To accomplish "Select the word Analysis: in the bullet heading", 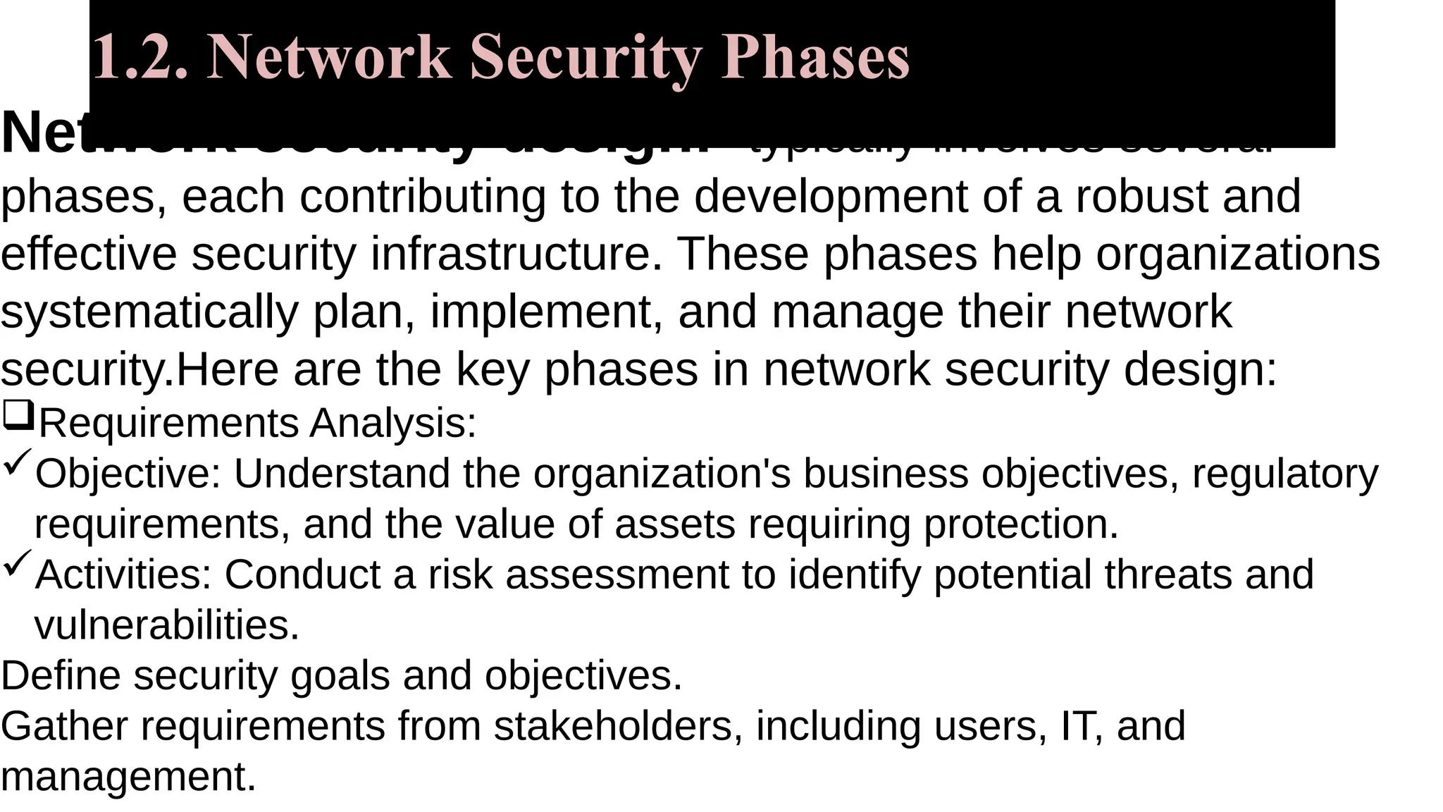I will pyautogui.click(x=393, y=423).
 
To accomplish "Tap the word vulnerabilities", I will pyautogui.click(x=167, y=625).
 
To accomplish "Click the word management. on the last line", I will pyautogui.click(x=128, y=776).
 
